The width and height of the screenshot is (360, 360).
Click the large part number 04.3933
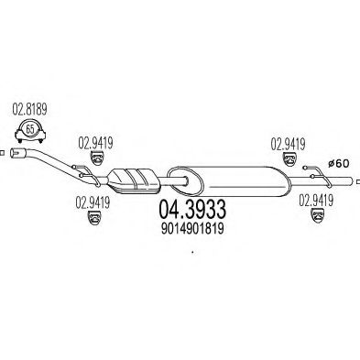pyautogui.click(x=192, y=210)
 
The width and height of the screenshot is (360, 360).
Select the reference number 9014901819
pyautogui.click(x=192, y=228)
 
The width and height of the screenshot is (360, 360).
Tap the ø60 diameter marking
pyautogui.click(x=338, y=164)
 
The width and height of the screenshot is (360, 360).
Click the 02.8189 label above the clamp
pyautogui.click(x=29, y=110)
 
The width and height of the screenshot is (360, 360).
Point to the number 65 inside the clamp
pyautogui.click(x=30, y=129)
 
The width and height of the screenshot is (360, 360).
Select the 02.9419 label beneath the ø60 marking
pyautogui.click(x=316, y=201)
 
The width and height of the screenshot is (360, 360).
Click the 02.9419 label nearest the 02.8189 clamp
pyautogui.click(x=95, y=143)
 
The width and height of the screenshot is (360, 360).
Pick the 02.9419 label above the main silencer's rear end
pyautogui.click(x=288, y=144)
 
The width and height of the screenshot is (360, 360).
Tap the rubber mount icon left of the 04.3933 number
pyautogui.click(x=94, y=218)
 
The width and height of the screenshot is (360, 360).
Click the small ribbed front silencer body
pyautogui.click(x=134, y=180)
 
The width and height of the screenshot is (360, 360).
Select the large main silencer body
pyautogui.click(x=227, y=181)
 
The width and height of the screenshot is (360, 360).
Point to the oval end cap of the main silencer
pyautogui.click(x=185, y=180)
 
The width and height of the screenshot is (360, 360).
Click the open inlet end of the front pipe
pyautogui.click(x=15, y=153)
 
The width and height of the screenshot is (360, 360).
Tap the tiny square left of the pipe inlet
pyautogui.click(x=2, y=153)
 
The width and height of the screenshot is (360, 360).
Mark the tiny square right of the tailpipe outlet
pyautogui.click(x=358, y=181)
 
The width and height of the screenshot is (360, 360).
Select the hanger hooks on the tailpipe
pyautogui.click(x=318, y=176)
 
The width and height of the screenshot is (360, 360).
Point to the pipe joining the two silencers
pyautogui.click(x=172, y=181)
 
